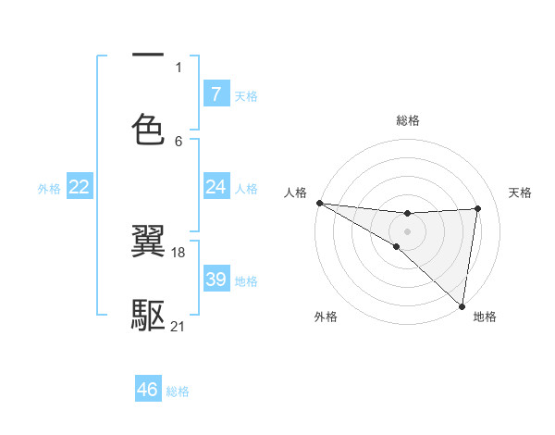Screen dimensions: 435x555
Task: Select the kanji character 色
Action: point(148,129)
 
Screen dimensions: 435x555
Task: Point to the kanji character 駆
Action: point(148,316)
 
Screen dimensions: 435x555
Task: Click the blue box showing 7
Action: point(216,94)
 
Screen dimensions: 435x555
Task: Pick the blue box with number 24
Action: point(216,188)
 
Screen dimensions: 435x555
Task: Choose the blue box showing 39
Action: point(216,280)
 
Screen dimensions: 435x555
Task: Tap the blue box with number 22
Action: point(79,188)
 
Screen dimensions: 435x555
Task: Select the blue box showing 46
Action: point(147,390)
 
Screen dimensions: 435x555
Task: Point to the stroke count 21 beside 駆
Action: point(179,327)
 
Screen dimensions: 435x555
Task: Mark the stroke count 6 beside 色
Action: point(179,141)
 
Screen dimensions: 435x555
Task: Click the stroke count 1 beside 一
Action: point(179,67)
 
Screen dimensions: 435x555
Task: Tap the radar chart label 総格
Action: point(407,120)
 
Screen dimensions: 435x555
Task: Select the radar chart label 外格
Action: point(326,317)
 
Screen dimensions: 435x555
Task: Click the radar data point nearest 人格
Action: point(319,203)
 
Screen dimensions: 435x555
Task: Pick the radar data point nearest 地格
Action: point(462,306)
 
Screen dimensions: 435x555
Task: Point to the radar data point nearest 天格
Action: point(478,208)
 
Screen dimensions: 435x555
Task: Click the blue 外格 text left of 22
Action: point(49,189)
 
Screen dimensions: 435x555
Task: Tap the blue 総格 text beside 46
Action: point(178,391)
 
